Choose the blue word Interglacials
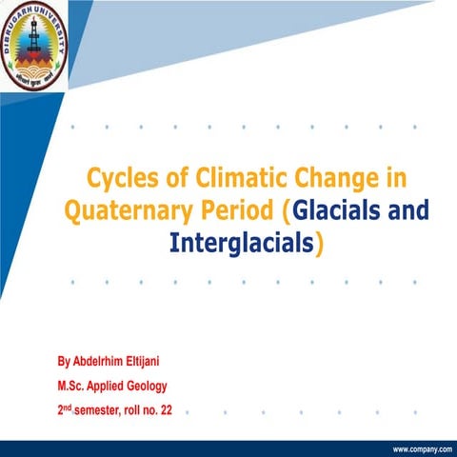coord(242,243)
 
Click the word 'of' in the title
coord(169,178)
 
